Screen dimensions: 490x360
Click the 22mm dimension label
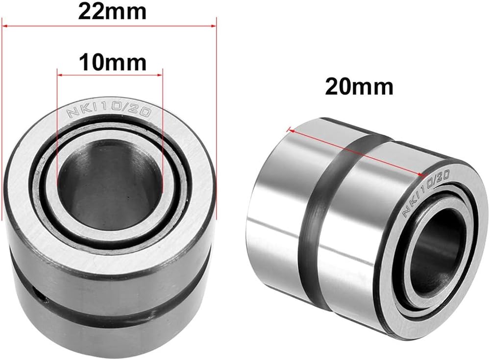[x=112, y=12]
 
